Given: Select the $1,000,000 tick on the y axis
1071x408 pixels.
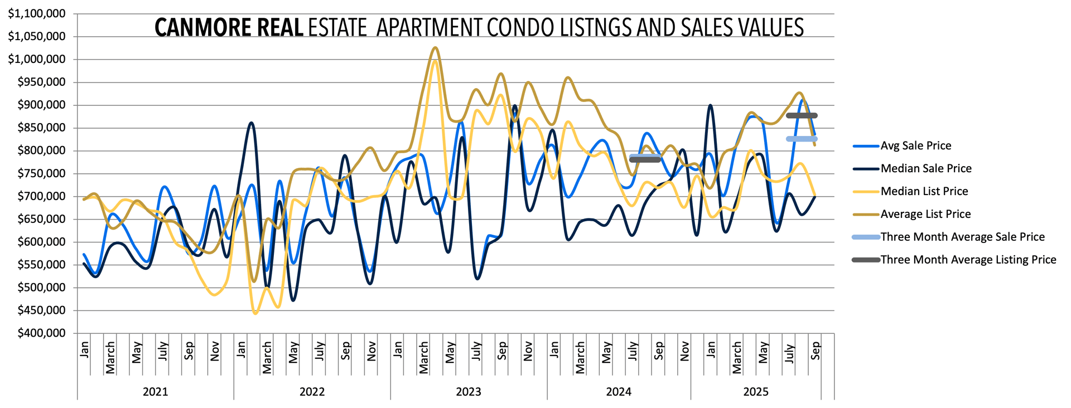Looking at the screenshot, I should coord(37,59).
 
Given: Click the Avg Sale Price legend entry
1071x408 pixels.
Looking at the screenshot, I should coord(915,145).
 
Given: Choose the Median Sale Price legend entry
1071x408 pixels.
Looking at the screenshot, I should coord(925,168).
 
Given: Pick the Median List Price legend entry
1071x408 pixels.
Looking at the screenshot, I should coord(924,191).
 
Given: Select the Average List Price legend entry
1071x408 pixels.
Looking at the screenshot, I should coord(925,214).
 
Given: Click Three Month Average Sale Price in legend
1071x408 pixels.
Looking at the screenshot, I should coord(962,237).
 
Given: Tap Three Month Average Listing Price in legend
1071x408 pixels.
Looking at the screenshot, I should coord(968,260).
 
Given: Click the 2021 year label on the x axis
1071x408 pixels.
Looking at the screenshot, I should coord(155,392).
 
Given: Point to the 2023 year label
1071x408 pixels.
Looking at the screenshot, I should coord(469,392).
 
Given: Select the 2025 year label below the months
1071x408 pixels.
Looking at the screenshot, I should coord(756,392).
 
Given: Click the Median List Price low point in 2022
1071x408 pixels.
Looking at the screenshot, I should coord(255,313).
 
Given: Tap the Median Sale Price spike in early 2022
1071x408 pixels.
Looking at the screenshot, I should coord(251,123).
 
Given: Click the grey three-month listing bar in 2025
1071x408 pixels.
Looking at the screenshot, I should coord(802,116).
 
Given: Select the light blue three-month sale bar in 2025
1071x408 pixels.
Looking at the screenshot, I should coord(802,139).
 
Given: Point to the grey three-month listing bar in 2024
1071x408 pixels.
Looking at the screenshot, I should coord(645,160).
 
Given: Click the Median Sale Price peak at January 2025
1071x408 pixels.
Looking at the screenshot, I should coord(710,105).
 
